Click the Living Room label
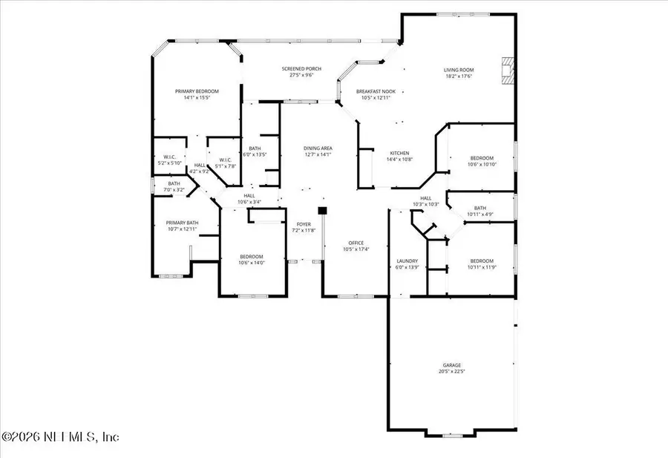[459, 70]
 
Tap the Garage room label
[452, 365]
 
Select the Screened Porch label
[301, 69]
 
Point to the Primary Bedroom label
[197, 91]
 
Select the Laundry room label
[407, 261]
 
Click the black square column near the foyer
[322, 211]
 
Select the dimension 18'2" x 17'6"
[459, 76]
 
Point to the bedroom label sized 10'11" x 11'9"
[481, 261]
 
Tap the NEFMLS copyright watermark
[61, 436]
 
